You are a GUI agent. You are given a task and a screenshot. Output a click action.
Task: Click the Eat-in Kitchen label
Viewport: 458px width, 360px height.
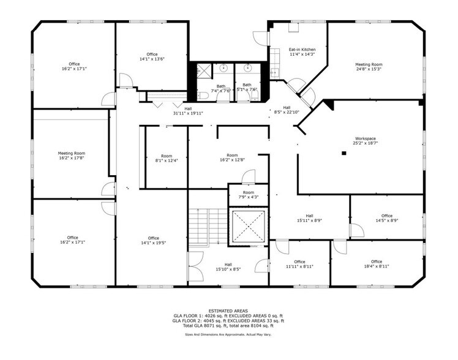pos(302,51)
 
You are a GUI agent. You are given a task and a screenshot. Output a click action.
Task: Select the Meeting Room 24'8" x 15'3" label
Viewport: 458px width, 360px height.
pos(369,66)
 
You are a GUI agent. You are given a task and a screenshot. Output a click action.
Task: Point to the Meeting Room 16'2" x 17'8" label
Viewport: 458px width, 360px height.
pos(72,156)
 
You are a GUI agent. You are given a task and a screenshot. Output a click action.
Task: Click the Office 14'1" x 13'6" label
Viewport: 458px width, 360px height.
pos(152,56)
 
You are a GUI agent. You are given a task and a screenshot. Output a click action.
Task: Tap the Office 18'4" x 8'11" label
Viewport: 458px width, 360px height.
pos(376,264)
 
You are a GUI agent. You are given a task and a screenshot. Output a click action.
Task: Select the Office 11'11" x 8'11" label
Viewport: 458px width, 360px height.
pos(299,264)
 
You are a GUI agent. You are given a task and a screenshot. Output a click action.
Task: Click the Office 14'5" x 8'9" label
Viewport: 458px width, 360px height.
pos(386,218)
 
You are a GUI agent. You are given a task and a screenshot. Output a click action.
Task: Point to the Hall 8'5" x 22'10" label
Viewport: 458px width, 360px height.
pos(286,110)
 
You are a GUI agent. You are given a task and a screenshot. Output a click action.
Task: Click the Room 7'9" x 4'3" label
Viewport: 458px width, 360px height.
pos(248,195)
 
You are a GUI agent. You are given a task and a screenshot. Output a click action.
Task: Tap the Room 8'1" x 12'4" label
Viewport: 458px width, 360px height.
pos(166,158)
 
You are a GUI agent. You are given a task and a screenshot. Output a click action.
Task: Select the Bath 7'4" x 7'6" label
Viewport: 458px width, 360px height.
pos(220,88)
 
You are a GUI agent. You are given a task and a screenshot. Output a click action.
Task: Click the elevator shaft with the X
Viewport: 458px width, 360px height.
pos(247,227)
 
